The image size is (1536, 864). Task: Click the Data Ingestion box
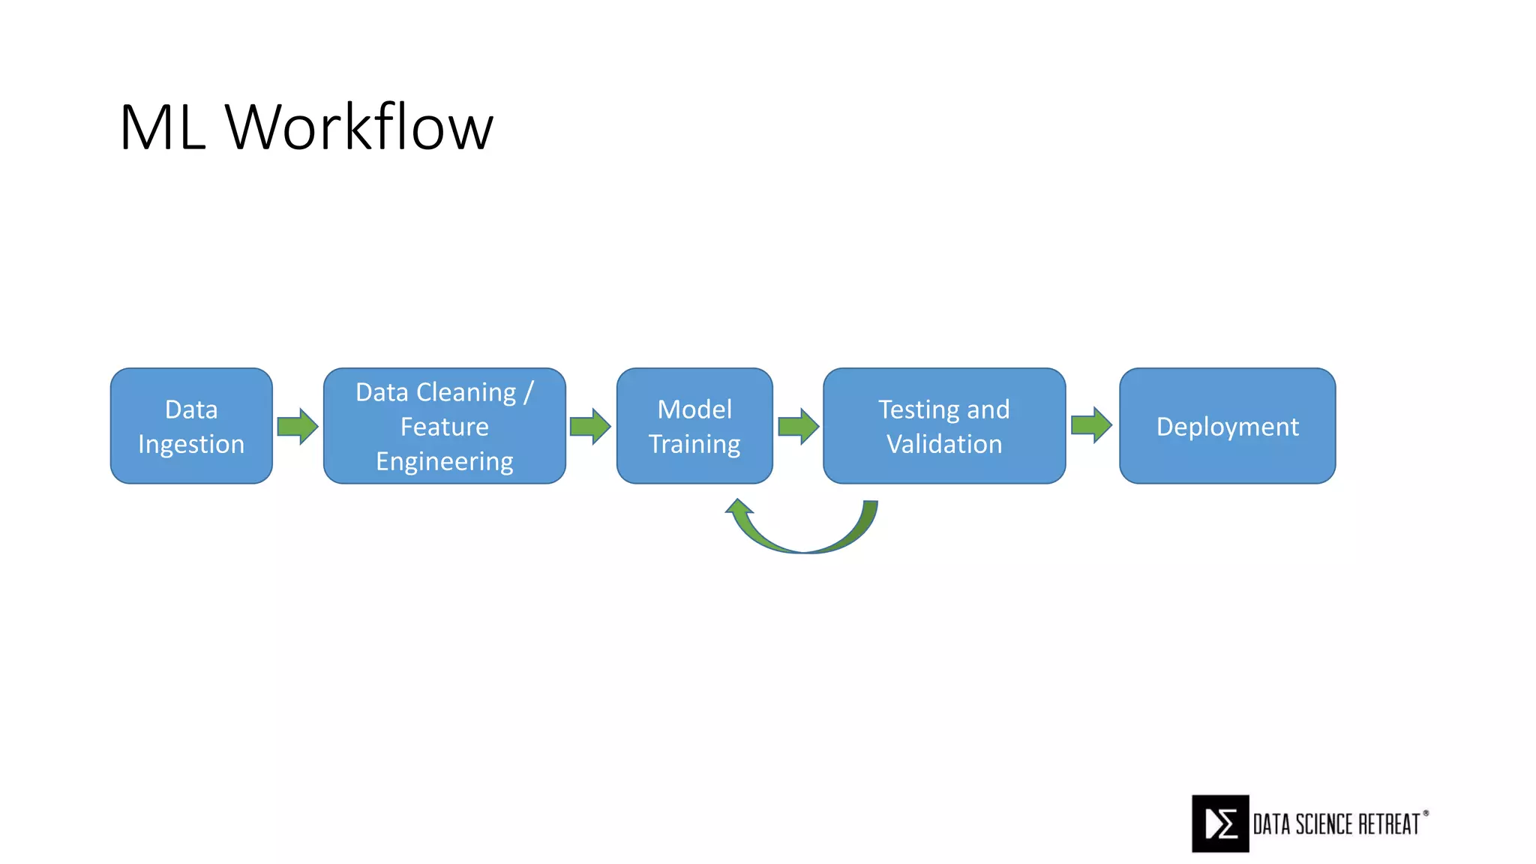(191, 425)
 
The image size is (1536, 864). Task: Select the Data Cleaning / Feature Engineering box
(444, 425)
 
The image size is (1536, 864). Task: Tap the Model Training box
(694, 425)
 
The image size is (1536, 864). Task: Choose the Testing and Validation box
(944, 425)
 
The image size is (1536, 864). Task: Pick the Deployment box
(1227, 425)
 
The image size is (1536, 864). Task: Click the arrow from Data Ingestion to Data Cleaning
(298, 426)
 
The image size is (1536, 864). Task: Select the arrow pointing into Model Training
(590, 426)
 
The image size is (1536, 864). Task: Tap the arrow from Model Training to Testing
(798, 426)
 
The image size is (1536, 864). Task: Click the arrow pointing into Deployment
(1091, 425)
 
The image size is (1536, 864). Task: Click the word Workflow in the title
(359, 127)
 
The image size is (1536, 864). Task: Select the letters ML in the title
(162, 127)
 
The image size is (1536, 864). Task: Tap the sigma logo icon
(1220, 823)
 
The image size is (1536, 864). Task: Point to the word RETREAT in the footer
(1389, 824)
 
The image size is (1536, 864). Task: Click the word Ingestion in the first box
(191, 444)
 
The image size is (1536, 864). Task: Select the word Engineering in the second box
(444, 461)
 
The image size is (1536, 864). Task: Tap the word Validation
(944, 444)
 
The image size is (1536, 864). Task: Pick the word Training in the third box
(694, 444)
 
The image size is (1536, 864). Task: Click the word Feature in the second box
(444, 427)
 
